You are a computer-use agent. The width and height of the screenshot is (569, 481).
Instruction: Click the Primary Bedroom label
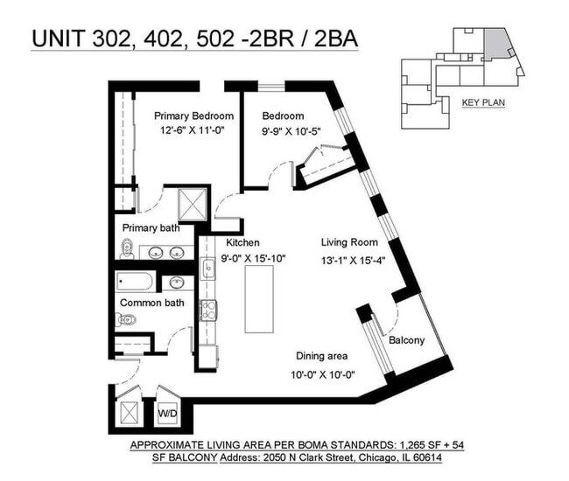point(193,116)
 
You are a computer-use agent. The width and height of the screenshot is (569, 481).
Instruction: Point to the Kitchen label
point(242,243)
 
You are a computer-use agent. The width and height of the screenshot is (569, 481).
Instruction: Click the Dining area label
point(320,356)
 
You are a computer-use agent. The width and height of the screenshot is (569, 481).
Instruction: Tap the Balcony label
point(406,340)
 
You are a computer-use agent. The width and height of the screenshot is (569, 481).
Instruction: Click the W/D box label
point(166,411)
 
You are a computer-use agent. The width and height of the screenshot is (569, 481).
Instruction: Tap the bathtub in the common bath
point(137,283)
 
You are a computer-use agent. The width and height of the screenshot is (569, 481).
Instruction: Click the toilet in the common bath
point(124,319)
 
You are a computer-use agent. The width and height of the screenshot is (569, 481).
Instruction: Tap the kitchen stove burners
point(209,310)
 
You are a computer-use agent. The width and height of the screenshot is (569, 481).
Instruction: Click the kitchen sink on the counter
point(208,268)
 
